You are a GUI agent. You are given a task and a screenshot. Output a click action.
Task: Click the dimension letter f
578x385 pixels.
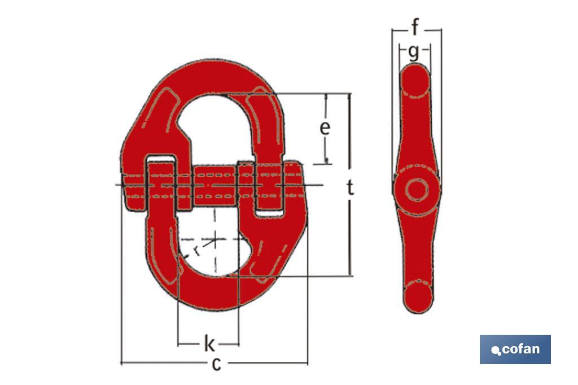coord(416,27)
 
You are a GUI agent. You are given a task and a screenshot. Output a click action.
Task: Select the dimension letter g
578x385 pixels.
coord(414,52)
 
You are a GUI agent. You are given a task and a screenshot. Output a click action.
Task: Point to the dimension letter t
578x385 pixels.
coord(351,187)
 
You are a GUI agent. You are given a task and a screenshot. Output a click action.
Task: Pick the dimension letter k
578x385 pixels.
coord(208,342)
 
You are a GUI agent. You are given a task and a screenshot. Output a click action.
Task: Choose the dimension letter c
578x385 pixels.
coord(216,364)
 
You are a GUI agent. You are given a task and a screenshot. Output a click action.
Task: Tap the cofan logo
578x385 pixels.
coord(515,349)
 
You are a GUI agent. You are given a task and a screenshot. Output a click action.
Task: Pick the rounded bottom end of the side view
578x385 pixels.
coord(418,297)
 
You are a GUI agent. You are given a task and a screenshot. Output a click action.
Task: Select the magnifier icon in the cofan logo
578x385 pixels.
coord(496,351)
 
